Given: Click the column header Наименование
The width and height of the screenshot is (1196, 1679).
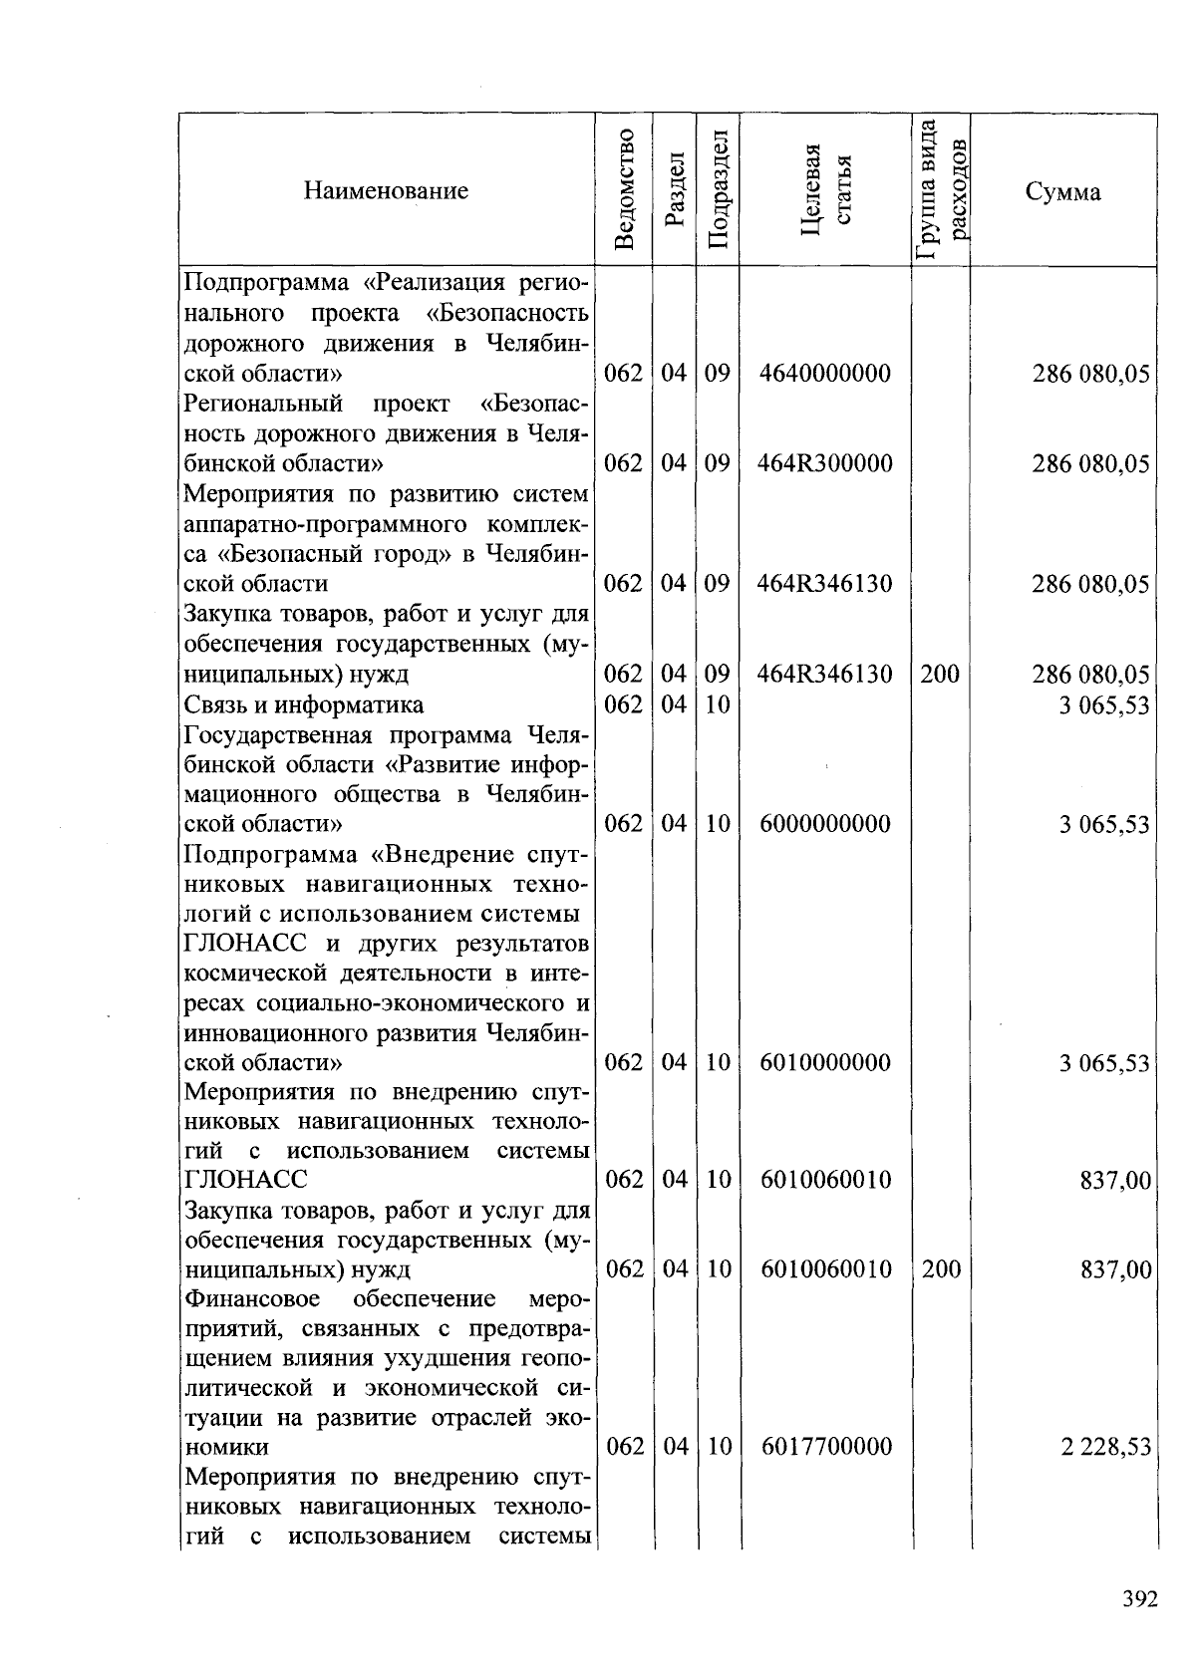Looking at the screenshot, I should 386,190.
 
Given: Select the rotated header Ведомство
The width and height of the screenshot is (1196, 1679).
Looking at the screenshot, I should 625,189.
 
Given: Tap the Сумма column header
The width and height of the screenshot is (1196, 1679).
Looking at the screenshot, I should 1062,191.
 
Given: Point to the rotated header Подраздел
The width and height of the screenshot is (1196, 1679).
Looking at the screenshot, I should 718,189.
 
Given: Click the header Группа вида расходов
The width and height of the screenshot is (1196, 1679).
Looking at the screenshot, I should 941,189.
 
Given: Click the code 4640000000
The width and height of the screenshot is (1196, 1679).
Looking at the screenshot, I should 824,374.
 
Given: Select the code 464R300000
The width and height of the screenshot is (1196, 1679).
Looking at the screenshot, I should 824,463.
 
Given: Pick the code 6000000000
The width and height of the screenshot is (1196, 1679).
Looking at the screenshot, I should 825,824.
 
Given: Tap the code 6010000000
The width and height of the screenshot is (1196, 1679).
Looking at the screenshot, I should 825,1062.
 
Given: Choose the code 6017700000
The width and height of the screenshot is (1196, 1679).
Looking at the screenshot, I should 826,1446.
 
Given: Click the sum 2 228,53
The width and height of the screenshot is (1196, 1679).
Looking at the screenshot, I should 1106,1446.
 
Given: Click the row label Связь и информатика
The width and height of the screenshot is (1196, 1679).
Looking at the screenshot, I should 304,704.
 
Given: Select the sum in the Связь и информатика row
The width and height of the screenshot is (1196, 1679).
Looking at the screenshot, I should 1104,705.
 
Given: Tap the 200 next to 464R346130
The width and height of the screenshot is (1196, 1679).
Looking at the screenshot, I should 939,675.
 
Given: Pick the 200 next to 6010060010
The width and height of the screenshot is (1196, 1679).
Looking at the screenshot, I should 941,1268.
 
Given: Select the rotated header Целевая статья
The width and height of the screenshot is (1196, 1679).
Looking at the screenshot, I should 825,189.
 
